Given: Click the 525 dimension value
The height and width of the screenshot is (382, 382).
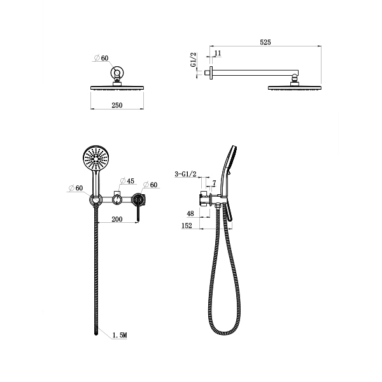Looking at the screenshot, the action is click(x=265, y=42).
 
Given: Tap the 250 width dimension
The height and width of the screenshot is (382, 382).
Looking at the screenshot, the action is click(x=117, y=105).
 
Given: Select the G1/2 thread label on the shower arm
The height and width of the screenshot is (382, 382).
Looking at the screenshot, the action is click(x=193, y=60).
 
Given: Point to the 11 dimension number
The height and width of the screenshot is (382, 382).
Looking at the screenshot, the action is click(x=218, y=53).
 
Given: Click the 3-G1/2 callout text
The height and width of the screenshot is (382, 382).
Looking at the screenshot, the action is click(x=185, y=174).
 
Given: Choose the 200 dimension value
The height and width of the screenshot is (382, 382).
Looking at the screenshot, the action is click(x=117, y=219).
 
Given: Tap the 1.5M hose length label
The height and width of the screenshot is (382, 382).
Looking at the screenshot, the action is click(x=120, y=336).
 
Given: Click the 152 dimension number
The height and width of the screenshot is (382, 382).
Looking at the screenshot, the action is click(x=187, y=225).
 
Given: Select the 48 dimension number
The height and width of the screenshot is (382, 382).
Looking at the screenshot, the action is click(x=190, y=213).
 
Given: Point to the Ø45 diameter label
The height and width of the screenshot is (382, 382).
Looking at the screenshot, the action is click(x=127, y=181).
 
